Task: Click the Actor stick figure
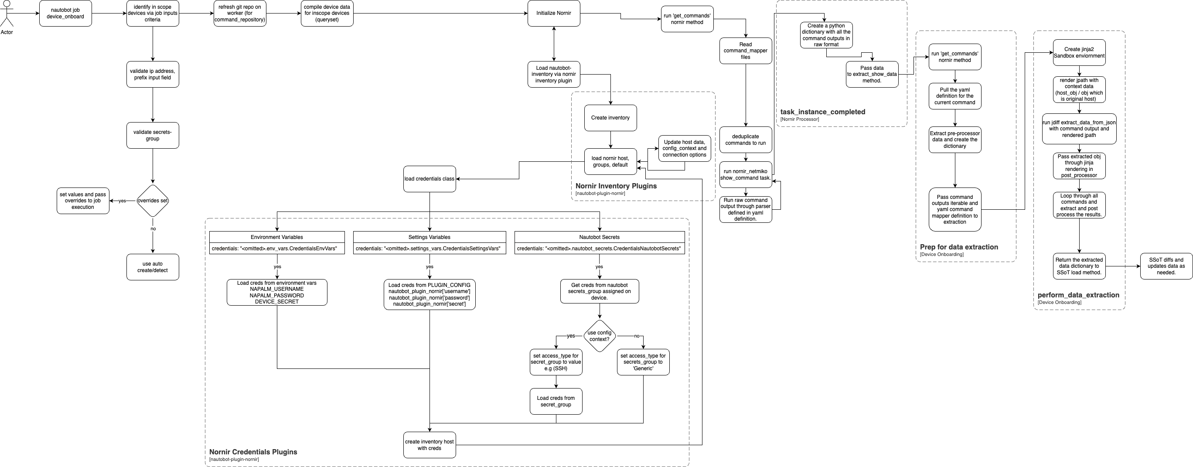[x=7, y=14]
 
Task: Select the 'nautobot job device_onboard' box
[x=65, y=14]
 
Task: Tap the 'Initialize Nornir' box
[x=553, y=14]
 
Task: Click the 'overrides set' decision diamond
[x=152, y=201]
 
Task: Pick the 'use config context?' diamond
[x=599, y=336]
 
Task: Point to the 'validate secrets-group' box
[x=152, y=135]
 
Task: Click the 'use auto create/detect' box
[x=152, y=267]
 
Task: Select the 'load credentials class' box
[x=429, y=179]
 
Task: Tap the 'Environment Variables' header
[x=276, y=237]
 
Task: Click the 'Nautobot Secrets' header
[x=599, y=237]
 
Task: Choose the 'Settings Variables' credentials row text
[x=429, y=249]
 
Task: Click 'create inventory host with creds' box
[x=429, y=445]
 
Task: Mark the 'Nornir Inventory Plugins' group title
[x=616, y=186]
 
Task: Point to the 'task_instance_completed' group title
[x=822, y=112]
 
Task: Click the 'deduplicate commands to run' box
[x=745, y=140]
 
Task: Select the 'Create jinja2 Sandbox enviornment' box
[x=1079, y=52]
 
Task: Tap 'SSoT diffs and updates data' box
[x=1166, y=266]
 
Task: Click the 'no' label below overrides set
[x=153, y=229]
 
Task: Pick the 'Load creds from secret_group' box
[x=556, y=401]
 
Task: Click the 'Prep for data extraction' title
[x=959, y=247]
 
